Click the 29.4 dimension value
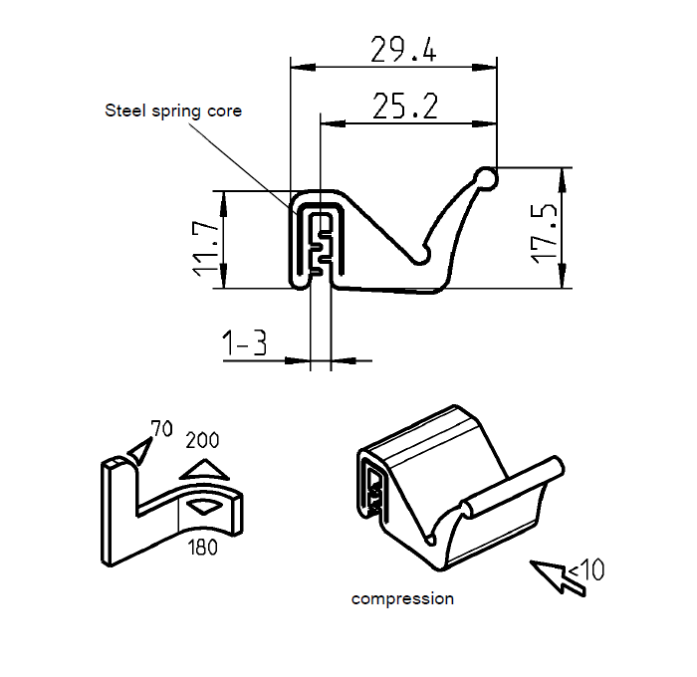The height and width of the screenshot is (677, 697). (402, 50)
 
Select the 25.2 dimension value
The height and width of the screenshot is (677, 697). (405, 106)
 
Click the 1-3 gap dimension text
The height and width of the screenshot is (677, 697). (245, 344)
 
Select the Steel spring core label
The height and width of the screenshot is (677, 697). (173, 111)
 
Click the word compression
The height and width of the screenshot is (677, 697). (402, 599)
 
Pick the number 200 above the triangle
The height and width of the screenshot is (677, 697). (202, 440)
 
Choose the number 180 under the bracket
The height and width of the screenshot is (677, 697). (202, 547)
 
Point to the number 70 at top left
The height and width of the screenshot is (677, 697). (161, 429)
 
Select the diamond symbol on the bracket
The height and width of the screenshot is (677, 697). (204, 507)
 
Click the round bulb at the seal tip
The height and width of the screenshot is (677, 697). (486, 178)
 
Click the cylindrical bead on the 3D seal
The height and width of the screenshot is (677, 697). (513, 487)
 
